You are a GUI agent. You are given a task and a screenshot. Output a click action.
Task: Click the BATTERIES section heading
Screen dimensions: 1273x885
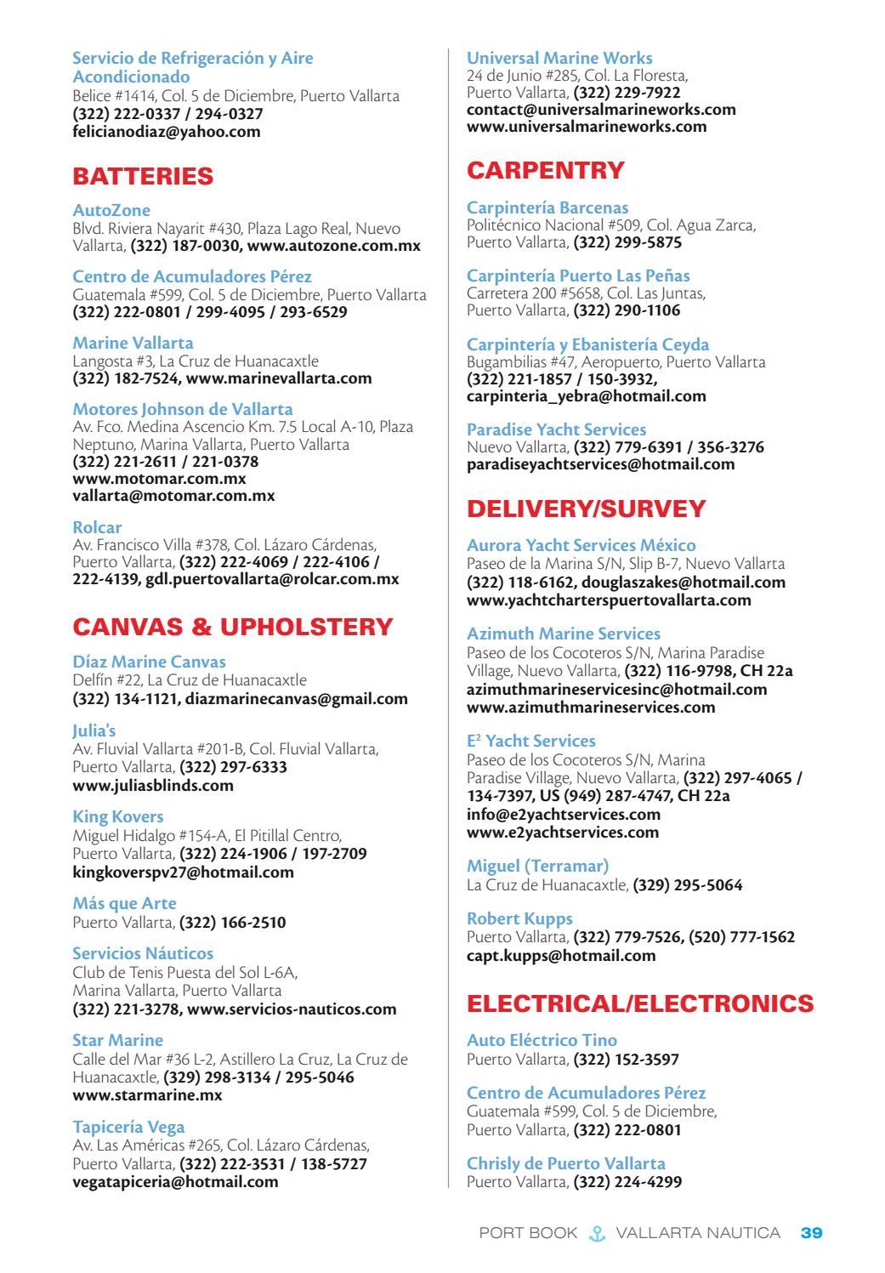[x=143, y=177]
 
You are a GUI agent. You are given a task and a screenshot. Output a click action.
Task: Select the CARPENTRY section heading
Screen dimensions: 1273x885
[x=546, y=170]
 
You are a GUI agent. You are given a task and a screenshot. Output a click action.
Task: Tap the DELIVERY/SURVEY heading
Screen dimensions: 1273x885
[x=587, y=509]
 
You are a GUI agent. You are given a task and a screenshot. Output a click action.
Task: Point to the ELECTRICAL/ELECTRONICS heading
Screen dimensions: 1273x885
[x=640, y=1003]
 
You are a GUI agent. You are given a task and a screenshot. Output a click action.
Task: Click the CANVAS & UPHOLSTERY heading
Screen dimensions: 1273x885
[x=233, y=628]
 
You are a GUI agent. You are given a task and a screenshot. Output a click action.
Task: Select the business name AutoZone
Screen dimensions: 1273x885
[x=111, y=210]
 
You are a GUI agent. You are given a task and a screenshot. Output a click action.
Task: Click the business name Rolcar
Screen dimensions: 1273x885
[x=97, y=527]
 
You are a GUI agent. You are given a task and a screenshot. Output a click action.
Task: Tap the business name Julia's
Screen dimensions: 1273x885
[x=94, y=730]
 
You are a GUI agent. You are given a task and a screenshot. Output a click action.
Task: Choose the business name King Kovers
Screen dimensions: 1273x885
[x=118, y=817]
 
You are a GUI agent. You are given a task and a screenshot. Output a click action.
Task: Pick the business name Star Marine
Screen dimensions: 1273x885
[x=117, y=1040]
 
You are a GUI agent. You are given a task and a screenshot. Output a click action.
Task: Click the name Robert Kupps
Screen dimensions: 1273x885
[x=519, y=918]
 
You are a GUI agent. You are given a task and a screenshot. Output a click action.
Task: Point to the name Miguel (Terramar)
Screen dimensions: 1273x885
[x=537, y=866]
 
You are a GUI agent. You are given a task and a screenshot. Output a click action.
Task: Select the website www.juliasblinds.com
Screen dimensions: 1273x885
[x=153, y=785]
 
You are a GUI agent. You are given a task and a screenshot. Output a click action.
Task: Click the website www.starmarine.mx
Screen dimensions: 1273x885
[x=147, y=1094]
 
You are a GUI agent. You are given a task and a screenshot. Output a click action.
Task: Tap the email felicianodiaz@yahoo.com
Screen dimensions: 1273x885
[x=167, y=132]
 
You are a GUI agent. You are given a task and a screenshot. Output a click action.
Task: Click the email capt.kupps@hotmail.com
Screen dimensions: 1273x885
[x=561, y=955]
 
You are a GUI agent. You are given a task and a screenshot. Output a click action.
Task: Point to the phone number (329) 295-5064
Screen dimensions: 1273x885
[x=688, y=885]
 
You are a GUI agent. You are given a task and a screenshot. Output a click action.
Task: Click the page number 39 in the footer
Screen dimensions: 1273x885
[x=812, y=1233]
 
